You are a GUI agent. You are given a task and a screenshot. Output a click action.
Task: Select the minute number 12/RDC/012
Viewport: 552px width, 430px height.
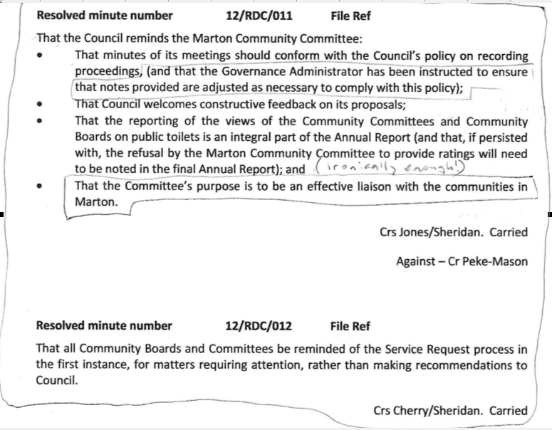(x=257, y=326)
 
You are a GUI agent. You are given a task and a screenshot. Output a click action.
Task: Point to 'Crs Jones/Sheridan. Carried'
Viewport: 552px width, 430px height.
(x=454, y=232)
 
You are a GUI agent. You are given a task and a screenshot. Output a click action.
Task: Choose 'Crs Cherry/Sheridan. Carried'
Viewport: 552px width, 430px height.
(x=450, y=411)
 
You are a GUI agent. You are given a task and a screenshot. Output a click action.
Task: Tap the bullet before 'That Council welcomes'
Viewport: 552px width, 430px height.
(x=43, y=105)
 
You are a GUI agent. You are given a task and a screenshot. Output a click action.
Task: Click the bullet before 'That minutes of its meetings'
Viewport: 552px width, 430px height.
(x=43, y=56)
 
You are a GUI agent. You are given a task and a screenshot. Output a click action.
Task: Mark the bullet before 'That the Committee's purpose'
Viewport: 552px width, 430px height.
(x=43, y=187)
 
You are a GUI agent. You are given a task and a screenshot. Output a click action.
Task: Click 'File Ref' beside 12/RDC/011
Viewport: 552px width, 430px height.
(x=351, y=14)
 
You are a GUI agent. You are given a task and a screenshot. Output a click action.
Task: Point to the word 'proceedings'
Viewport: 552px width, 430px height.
(x=109, y=73)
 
